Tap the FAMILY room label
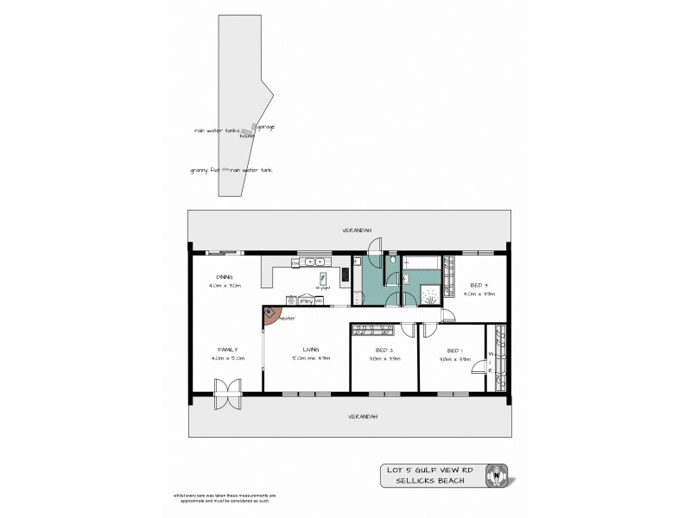227,350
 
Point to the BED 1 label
453,351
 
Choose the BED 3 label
479,285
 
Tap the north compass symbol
498,473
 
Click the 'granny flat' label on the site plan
204,171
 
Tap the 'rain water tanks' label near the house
216,131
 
